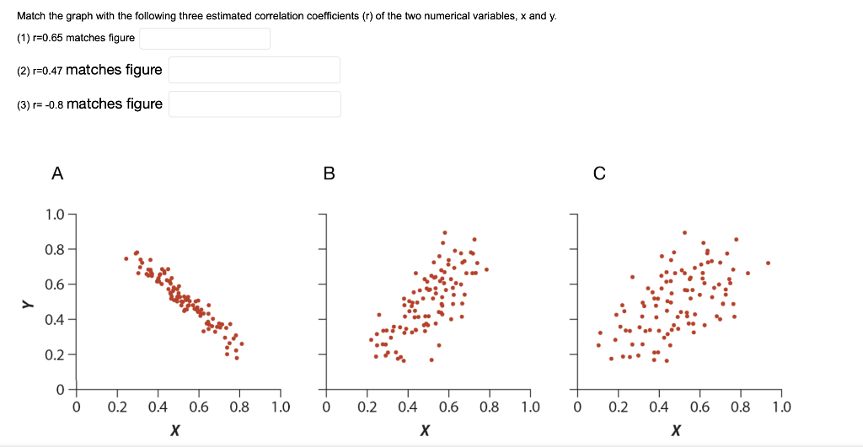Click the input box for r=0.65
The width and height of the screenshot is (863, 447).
(x=205, y=38)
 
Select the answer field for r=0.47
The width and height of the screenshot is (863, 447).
(x=254, y=70)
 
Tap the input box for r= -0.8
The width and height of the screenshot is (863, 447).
(x=254, y=104)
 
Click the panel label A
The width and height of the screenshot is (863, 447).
(x=56, y=174)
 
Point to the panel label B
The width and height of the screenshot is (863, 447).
(x=329, y=174)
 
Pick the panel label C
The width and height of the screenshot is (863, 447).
(x=599, y=174)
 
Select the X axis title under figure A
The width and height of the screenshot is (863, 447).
(x=174, y=431)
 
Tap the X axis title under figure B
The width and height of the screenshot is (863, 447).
(x=426, y=431)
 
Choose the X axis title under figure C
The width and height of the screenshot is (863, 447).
(x=676, y=431)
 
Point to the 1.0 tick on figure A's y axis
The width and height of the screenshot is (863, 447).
(x=54, y=214)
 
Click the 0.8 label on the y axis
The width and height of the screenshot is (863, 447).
(x=54, y=249)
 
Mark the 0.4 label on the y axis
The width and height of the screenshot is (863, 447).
(x=54, y=319)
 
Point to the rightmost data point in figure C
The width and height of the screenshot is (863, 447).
(x=768, y=263)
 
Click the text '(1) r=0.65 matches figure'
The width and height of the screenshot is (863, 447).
(x=76, y=38)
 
